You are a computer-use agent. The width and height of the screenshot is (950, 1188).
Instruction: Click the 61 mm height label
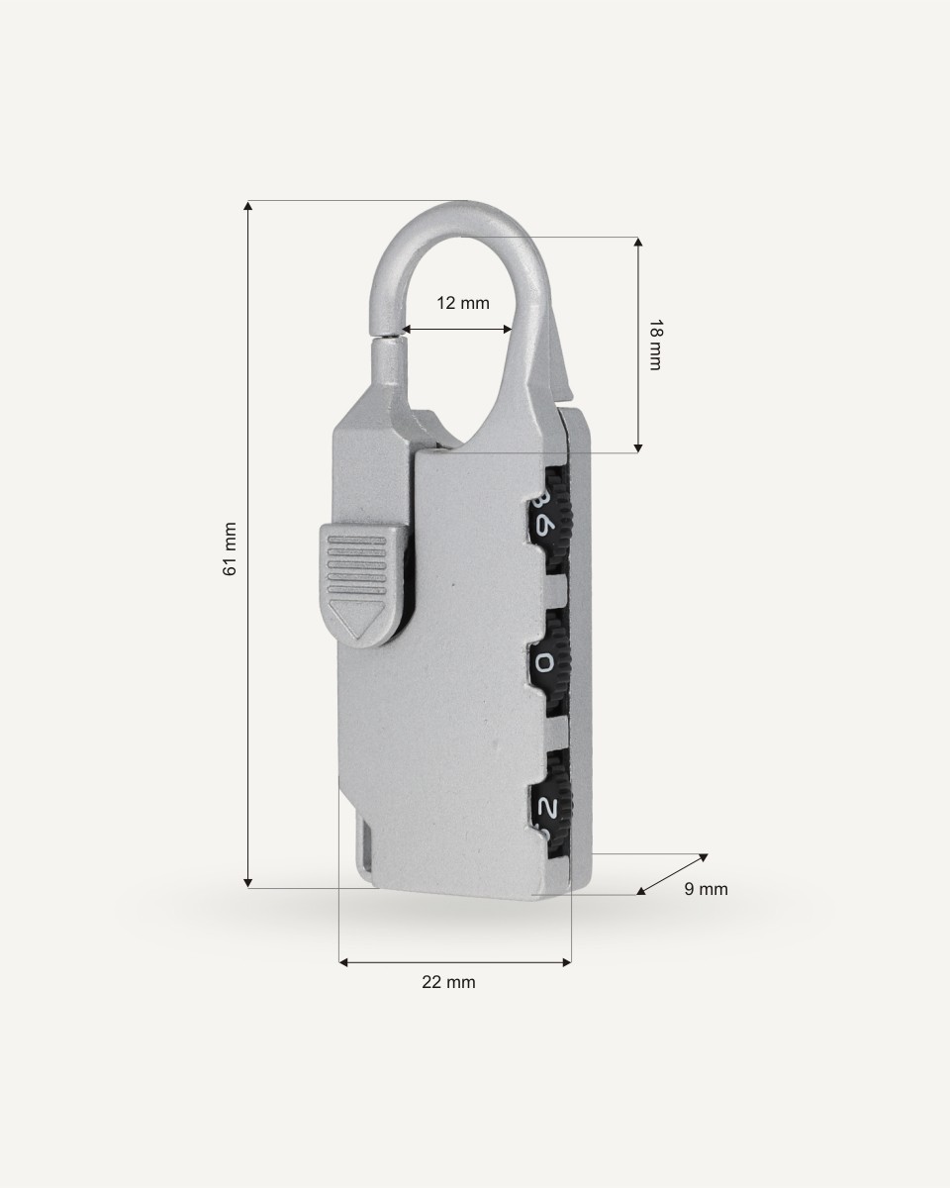click(x=230, y=548)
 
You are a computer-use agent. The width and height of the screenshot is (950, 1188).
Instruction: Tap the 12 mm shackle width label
click(x=463, y=303)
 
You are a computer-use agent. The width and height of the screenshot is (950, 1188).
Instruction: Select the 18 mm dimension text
click(x=655, y=345)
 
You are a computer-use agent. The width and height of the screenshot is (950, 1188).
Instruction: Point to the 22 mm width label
click(x=448, y=982)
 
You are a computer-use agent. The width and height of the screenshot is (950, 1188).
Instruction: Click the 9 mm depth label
click(x=706, y=889)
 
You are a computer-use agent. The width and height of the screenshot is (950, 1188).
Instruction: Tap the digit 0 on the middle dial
click(x=544, y=662)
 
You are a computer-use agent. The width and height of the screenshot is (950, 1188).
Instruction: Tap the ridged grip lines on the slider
click(x=356, y=563)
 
